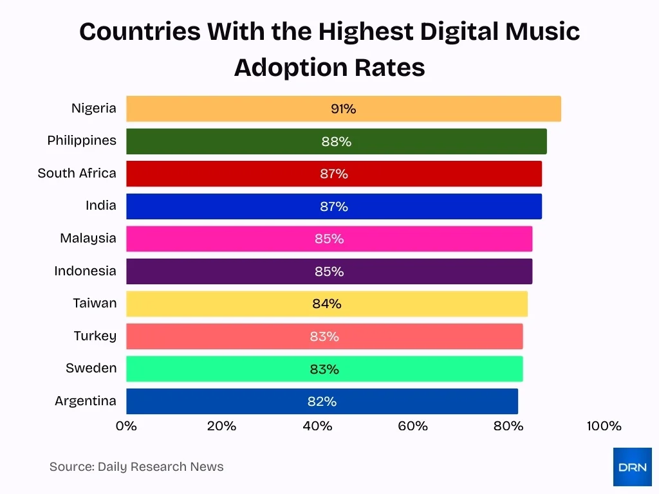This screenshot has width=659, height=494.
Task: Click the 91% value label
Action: (343, 109)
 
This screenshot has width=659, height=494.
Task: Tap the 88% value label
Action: (336, 142)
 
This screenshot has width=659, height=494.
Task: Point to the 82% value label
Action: (322, 401)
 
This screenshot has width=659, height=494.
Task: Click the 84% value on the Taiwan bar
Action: (326, 304)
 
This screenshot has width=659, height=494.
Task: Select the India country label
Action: (101, 205)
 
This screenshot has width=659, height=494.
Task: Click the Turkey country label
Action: (95, 336)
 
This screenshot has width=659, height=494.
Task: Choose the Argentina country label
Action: (86, 401)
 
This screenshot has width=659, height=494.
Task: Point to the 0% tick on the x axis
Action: (126, 426)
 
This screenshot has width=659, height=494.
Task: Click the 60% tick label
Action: (413, 426)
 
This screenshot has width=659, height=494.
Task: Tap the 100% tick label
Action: (604, 426)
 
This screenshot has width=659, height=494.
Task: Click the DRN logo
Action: (632, 467)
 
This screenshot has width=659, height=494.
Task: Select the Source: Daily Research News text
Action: (136, 467)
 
